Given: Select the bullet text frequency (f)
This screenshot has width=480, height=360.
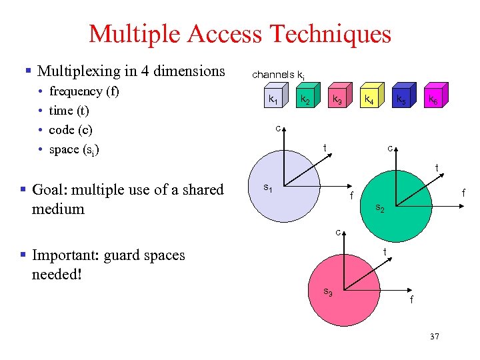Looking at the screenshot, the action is [84, 91].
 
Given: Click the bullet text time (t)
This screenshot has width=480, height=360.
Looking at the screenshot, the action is [69, 110].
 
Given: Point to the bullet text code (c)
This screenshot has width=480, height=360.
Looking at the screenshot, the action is [71, 129].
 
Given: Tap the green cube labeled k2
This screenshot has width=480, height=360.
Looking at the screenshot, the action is [304, 100].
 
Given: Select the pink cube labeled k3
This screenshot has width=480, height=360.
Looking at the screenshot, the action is [337, 100].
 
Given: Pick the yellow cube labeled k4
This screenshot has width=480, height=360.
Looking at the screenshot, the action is [369, 100].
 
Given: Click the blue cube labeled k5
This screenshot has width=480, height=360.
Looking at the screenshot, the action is [401, 100].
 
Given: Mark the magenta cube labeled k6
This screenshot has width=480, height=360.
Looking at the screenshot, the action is [433, 100].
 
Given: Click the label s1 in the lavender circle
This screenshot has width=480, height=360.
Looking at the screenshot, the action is [267, 188].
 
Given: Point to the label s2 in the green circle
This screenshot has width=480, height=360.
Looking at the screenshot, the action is [380, 208].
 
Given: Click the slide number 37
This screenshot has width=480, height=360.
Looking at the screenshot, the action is [435, 336].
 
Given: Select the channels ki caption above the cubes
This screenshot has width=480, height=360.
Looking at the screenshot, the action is [278, 75].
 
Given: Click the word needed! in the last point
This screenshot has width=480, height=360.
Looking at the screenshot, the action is [57, 274].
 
